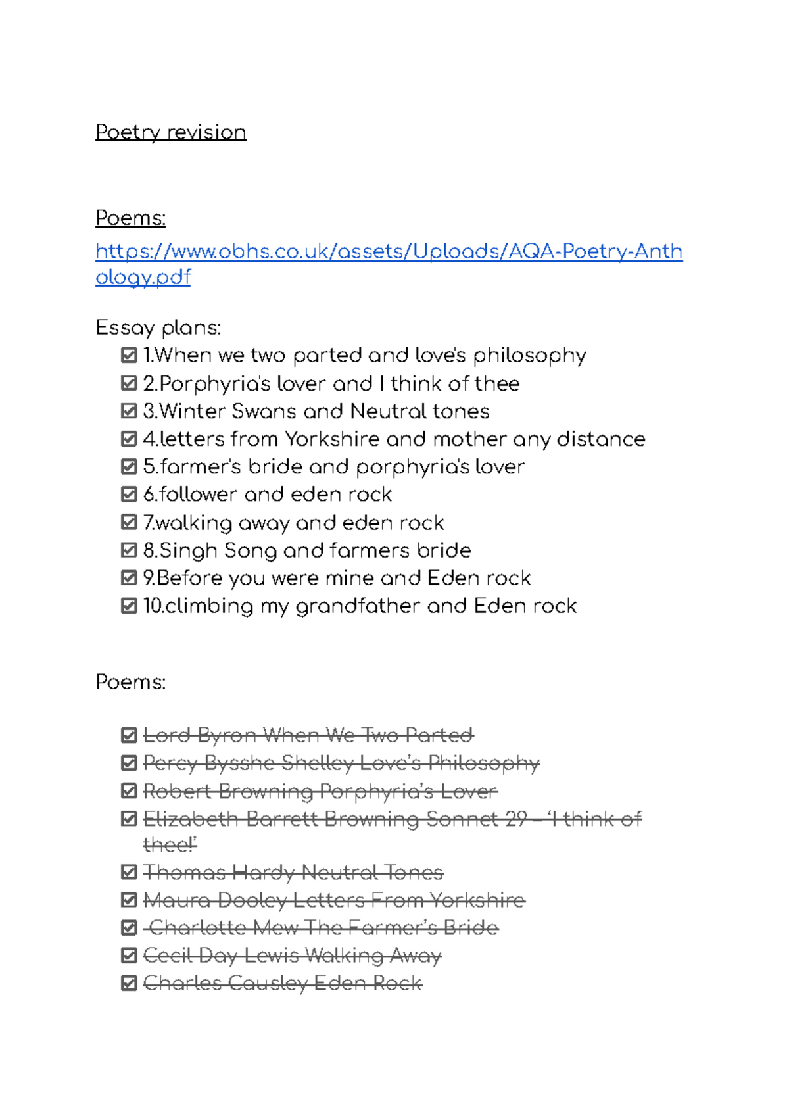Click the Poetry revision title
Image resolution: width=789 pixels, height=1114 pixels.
tap(170, 132)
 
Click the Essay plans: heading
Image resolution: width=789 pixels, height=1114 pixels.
tap(158, 327)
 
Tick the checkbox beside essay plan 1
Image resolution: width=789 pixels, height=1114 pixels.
tap(129, 356)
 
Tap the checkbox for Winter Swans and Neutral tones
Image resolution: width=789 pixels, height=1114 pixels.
tap(129, 411)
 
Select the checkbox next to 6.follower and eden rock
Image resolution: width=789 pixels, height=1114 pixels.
tap(129, 494)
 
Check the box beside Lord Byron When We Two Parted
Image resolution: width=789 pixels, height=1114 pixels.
tap(129, 735)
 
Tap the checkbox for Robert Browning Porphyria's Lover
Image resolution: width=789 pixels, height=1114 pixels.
tap(129, 790)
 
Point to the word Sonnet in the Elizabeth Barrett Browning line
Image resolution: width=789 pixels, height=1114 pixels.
tap(463, 819)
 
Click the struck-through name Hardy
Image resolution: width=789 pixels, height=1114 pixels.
tap(258, 873)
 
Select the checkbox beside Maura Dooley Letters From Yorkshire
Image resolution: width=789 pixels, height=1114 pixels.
tap(129, 900)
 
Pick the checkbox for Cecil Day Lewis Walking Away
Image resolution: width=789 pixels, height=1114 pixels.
tap(129, 956)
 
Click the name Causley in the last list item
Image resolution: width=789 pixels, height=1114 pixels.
tap(268, 983)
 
